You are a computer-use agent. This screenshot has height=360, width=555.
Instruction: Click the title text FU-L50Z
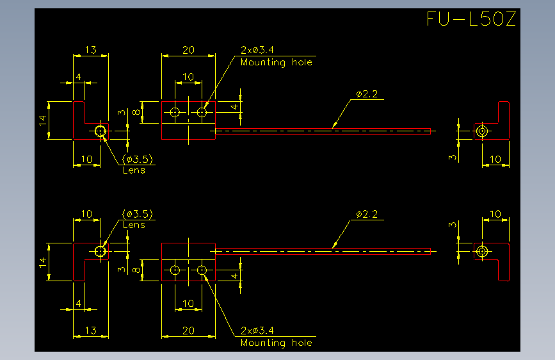[471, 19]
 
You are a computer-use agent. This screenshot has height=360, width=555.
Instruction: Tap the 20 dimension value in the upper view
[188, 50]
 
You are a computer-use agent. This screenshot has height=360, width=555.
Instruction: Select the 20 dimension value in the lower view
[188, 331]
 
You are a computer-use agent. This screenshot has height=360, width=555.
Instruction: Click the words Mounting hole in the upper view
[277, 63]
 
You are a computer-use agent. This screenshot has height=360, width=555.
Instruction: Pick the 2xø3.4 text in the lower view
[257, 331]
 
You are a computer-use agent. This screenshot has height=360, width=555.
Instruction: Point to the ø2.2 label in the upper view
[367, 94]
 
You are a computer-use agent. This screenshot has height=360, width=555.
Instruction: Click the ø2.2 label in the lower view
[367, 215]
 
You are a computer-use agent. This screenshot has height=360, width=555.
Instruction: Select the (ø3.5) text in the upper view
[138, 159]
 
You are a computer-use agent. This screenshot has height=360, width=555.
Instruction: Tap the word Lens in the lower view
[134, 225]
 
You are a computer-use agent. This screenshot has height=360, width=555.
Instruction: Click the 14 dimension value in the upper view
[43, 120]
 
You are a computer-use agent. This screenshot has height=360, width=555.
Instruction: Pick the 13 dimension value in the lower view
[91, 331]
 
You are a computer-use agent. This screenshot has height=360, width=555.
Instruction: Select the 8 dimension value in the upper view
[136, 112]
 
